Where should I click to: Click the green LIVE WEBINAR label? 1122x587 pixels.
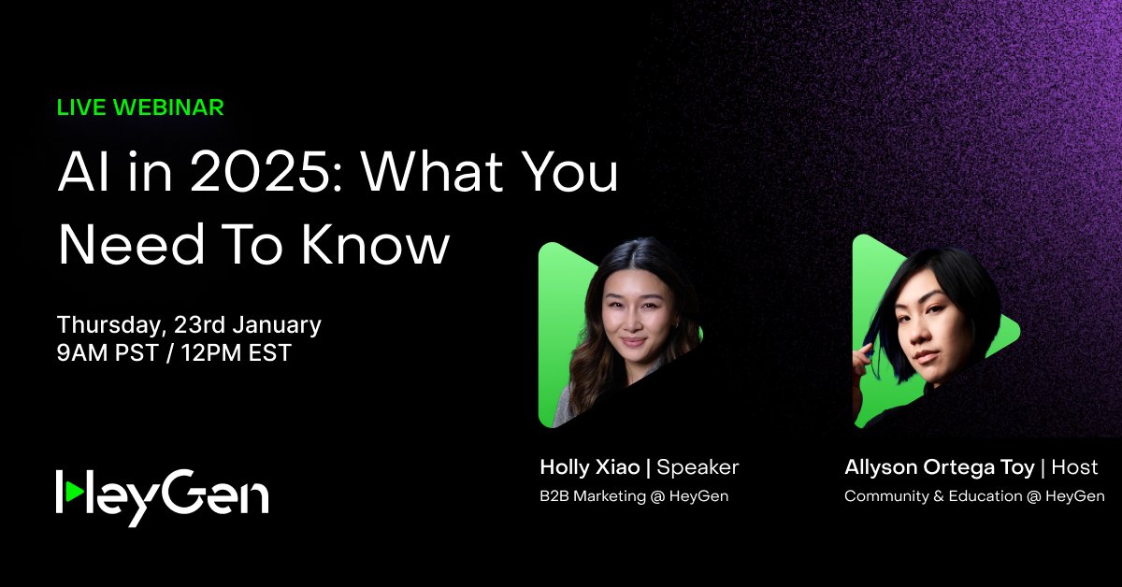click(140, 107)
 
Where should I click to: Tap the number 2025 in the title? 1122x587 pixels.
click(266, 172)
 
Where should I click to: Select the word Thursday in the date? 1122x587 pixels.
click(111, 325)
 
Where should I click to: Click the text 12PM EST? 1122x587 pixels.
click(236, 352)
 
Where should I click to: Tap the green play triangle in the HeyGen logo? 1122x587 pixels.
click(75, 492)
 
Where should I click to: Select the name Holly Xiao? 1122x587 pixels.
click(590, 467)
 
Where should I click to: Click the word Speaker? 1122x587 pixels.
click(698, 467)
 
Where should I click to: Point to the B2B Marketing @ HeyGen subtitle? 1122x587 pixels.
click(634, 495)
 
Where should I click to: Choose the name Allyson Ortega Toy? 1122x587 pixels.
click(939, 467)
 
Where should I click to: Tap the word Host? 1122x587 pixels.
click(1074, 467)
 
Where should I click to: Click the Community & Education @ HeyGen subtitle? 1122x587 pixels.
click(974, 495)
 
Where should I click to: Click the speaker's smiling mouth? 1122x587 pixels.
click(634, 342)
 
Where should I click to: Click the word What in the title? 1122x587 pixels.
click(432, 172)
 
